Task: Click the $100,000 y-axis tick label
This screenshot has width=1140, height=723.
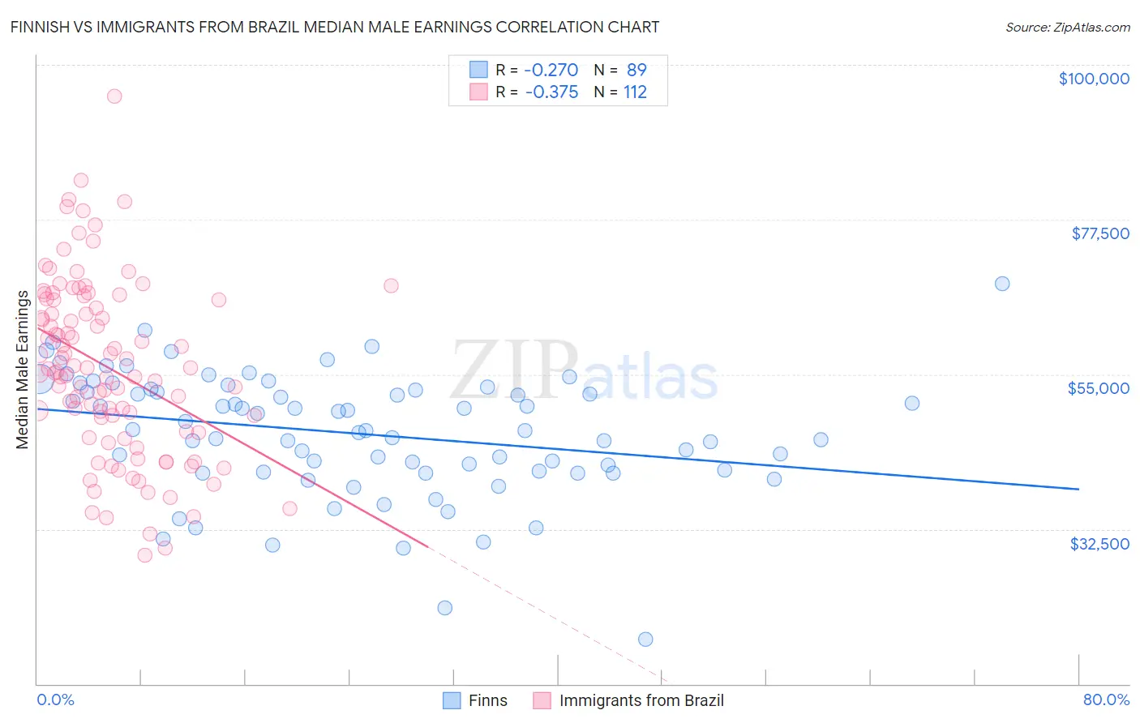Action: click(x=1093, y=79)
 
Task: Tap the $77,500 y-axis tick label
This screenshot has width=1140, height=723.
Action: click(x=1099, y=233)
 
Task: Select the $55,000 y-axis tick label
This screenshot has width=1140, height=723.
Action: click(x=1098, y=388)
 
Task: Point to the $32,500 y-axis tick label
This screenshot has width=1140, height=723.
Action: click(x=1099, y=544)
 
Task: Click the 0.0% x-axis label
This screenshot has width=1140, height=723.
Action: click(x=55, y=699)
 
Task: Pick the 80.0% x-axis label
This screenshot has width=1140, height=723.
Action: click(x=1106, y=699)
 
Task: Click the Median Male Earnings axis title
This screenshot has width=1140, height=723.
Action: click(x=23, y=369)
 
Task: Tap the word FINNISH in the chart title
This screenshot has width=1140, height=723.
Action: click(x=41, y=27)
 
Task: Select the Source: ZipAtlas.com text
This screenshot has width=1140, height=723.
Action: click(x=1067, y=27)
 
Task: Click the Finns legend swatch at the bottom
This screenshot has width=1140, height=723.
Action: click(x=452, y=700)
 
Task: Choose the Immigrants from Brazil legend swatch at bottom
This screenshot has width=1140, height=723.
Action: click(x=542, y=700)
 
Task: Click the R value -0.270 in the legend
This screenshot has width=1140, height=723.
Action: click(x=551, y=70)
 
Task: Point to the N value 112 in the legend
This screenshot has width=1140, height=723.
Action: click(x=635, y=92)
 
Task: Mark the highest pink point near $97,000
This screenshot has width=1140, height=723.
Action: click(x=114, y=96)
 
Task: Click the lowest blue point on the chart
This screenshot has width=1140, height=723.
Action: click(x=645, y=640)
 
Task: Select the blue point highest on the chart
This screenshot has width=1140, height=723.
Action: click(x=1002, y=283)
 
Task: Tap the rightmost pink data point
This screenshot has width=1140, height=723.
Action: click(x=391, y=285)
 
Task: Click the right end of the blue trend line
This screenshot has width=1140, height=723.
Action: click(x=1078, y=489)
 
